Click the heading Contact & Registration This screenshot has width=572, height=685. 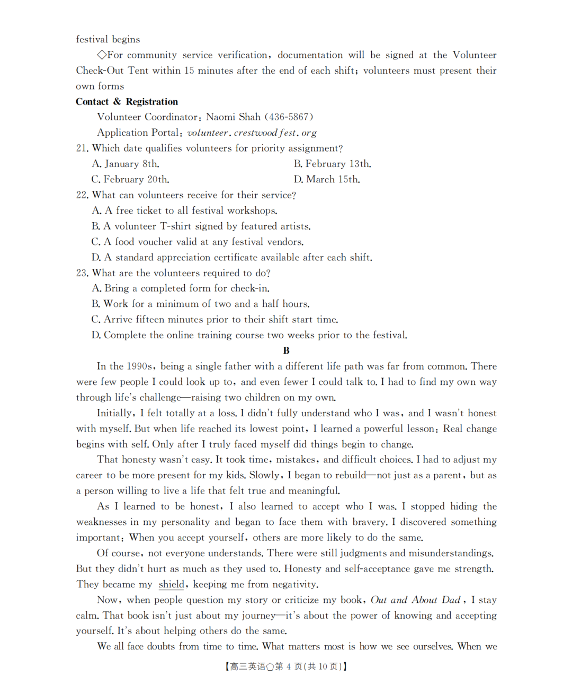(127, 102)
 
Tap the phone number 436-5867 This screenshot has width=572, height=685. (289, 117)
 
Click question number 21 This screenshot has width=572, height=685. (82, 148)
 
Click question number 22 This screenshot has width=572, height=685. (82, 195)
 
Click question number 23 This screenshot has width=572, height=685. (82, 273)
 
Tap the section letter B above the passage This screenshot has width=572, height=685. (286, 350)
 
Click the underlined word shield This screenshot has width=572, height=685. (171, 584)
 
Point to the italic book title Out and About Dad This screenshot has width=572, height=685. (415, 600)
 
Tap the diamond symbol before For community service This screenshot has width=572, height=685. (102, 55)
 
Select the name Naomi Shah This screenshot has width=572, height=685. (233, 117)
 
